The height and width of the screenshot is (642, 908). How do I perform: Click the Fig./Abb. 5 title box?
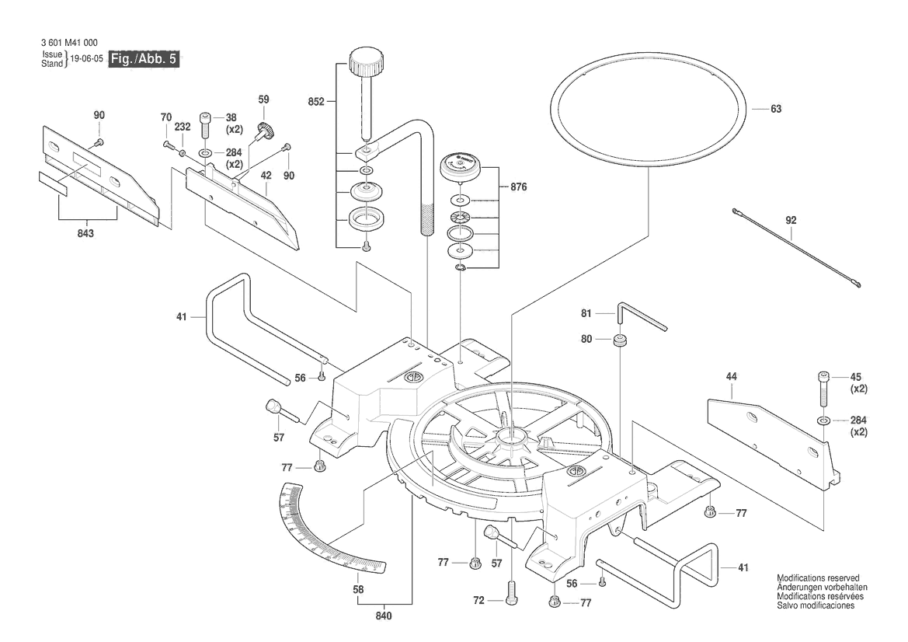coord(145,60)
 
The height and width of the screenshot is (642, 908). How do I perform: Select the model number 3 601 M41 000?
coord(69,43)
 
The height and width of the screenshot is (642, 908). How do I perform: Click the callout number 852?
coord(315,101)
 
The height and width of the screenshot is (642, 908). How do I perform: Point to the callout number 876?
coord(520,187)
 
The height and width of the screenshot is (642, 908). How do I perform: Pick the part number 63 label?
coord(775,110)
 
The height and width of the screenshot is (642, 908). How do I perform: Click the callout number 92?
coord(791,220)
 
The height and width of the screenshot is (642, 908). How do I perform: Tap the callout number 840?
coord(383,616)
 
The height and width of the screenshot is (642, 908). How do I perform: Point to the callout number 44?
coord(731,377)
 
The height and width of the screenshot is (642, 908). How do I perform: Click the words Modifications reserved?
coord(818,578)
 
